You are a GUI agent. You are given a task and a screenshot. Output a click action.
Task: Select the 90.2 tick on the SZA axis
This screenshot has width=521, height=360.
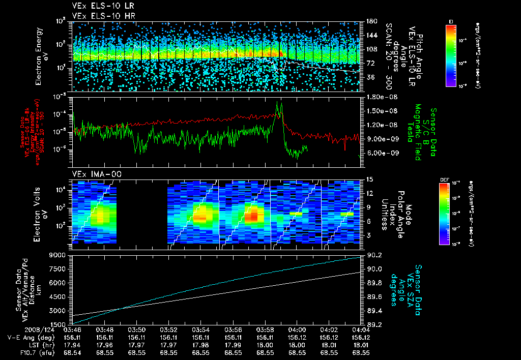tap(375, 255)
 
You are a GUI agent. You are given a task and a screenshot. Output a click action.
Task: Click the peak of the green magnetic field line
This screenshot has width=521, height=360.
tap(277, 102)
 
